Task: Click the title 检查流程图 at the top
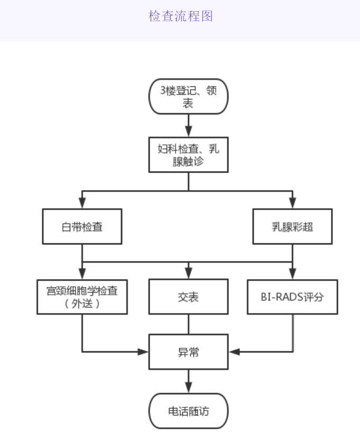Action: pos(180,16)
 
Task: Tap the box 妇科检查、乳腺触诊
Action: pos(188,155)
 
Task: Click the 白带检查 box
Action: pos(82,226)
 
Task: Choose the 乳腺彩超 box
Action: pos(292,226)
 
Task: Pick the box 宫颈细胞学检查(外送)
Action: pos(82,297)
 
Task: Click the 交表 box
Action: pos(188,297)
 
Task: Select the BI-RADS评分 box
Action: pos(292,297)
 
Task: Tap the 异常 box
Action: pos(188,352)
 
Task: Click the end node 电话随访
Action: pos(188,411)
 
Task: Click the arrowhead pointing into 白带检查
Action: pos(82,204)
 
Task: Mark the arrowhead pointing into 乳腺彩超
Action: pos(292,204)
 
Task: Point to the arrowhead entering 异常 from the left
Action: pos(143,352)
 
